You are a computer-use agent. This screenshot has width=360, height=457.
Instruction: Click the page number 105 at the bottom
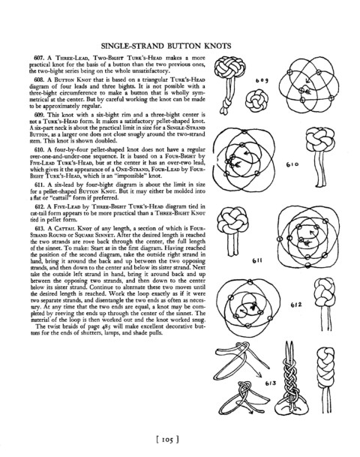click(x=168, y=439)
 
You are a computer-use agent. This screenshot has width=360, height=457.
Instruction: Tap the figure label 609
click(x=262, y=80)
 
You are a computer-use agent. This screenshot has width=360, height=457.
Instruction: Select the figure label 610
click(x=292, y=164)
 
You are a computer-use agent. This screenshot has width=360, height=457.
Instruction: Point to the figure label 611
click(x=257, y=260)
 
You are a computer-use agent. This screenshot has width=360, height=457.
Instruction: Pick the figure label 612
click(x=296, y=305)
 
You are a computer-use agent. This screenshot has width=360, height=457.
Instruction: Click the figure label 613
click(x=271, y=383)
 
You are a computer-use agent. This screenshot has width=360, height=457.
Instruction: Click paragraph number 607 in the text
click(x=39, y=58)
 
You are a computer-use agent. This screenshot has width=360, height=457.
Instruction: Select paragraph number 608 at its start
click(x=39, y=80)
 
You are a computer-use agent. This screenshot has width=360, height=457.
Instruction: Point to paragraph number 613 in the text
click(x=39, y=228)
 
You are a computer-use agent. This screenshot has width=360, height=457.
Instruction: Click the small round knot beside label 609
click(x=256, y=101)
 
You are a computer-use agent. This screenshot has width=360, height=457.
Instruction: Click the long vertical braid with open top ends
click(x=289, y=377)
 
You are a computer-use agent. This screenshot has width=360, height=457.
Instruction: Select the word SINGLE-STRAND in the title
click(x=133, y=46)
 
